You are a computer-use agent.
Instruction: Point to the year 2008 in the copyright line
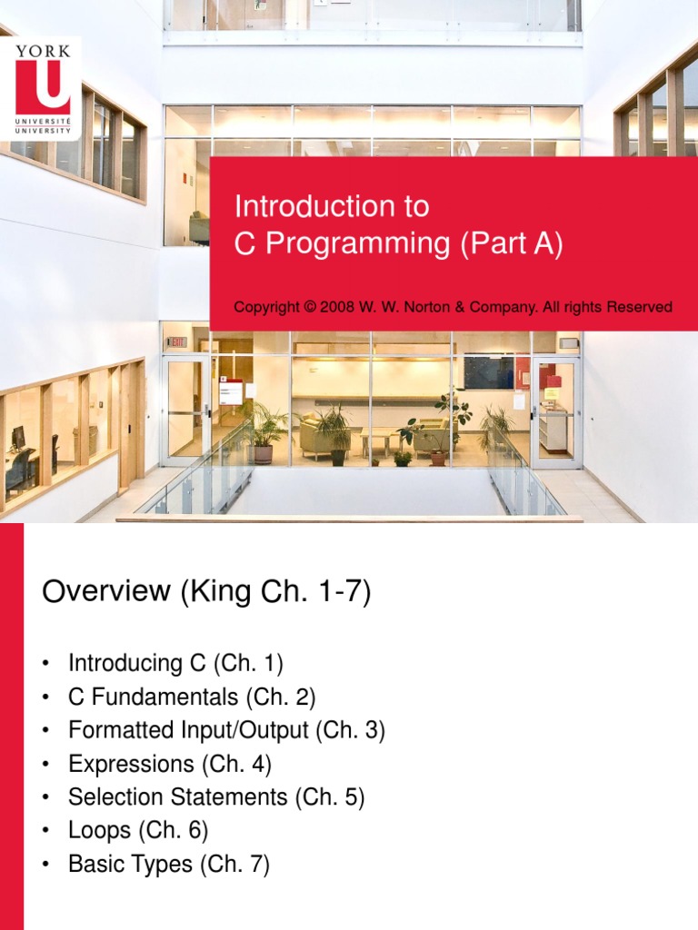click(x=334, y=307)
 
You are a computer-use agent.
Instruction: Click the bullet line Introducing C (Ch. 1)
click(x=175, y=663)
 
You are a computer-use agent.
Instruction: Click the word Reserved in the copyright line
click(x=639, y=307)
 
